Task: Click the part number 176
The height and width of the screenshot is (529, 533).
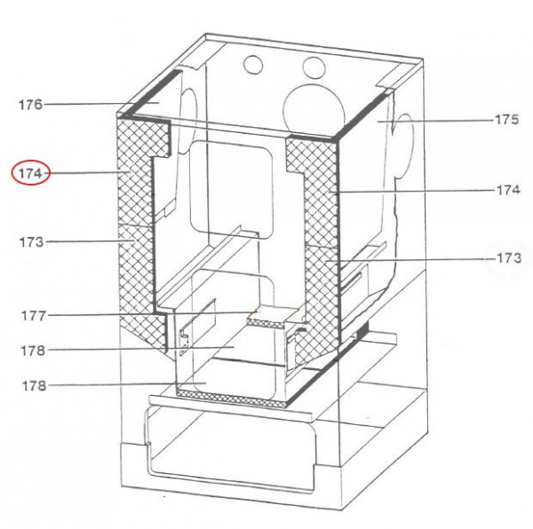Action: (30, 105)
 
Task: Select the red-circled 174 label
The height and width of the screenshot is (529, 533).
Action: (30, 173)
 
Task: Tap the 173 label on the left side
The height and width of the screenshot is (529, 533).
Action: (30, 241)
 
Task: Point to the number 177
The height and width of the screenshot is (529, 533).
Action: (30, 314)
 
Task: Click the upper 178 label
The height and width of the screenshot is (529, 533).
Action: (30, 350)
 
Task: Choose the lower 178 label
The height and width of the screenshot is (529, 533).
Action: (30, 385)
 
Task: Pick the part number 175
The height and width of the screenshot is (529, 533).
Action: (507, 119)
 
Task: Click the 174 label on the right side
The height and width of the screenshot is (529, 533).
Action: (507, 189)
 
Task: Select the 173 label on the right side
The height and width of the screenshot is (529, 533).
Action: (507, 258)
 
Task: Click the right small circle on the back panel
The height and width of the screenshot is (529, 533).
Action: (312, 67)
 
